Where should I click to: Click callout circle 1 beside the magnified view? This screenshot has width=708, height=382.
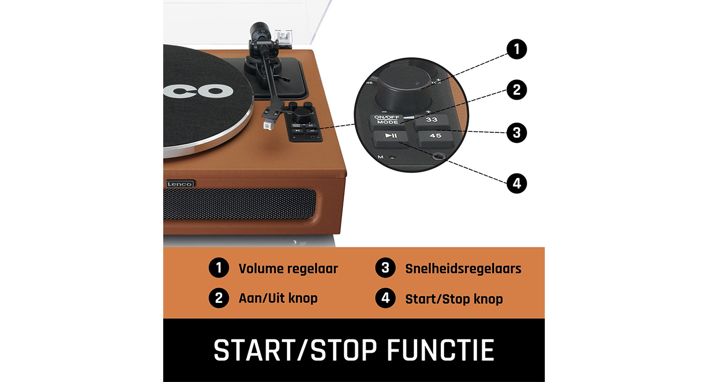tap(517, 49)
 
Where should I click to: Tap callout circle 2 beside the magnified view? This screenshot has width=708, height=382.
tap(517, 90)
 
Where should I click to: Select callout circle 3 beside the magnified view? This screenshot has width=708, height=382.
tap(517, 132)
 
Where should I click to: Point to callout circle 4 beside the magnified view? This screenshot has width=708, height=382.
tap(517, 183)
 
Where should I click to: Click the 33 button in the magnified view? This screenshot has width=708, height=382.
tap(431, 121)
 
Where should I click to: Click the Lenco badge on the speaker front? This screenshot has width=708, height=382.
tap(180, 184)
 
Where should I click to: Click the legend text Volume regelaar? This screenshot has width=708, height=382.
tap(288, 269)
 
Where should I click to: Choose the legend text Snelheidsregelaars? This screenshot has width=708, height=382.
tap(463, 269)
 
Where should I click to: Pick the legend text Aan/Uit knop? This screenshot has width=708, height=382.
tap(278, 298)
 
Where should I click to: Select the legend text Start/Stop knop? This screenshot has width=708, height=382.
tap(454, 299)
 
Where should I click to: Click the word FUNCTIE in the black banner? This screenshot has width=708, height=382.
tap(441, 350)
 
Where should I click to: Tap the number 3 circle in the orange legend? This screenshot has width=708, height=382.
tap(385, 268)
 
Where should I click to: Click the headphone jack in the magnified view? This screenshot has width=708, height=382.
tap(439, 156)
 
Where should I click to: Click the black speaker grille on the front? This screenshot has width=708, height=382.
tap(240, 204)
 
